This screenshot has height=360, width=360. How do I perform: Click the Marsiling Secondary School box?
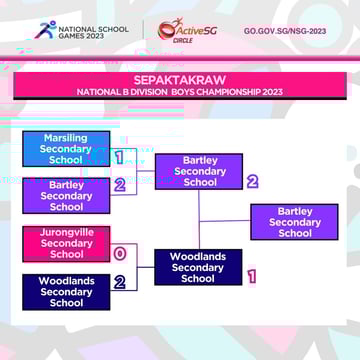66,148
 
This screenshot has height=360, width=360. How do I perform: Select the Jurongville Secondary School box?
66,243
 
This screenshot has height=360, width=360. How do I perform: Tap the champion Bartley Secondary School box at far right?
294,222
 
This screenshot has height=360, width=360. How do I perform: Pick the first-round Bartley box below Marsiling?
66,196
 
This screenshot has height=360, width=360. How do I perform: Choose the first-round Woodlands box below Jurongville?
66,292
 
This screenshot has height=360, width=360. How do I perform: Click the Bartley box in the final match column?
200,171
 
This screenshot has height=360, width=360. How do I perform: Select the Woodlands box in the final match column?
198,267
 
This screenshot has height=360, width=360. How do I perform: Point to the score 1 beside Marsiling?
119,157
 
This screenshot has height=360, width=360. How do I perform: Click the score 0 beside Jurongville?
119,253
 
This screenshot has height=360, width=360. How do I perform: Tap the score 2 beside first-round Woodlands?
119,282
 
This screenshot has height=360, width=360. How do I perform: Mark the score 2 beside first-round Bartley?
119,185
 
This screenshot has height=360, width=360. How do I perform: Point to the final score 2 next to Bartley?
252,182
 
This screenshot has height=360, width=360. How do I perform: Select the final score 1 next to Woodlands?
252,276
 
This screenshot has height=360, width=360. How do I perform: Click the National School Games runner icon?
44,30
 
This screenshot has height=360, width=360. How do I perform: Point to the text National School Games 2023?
94,30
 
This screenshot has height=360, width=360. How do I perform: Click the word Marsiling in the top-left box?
66,138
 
